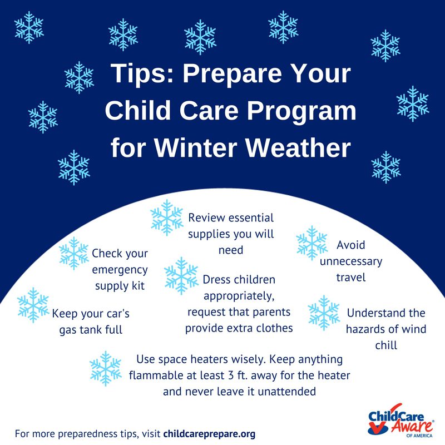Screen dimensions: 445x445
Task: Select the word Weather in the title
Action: pos(298,148)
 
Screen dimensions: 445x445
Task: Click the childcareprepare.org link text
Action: pos(209,434)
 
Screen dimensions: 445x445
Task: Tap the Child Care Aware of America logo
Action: pos(400,421)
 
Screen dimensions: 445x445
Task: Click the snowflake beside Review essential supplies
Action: pos(166,217)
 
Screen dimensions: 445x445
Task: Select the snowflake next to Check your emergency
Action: pos(74,253)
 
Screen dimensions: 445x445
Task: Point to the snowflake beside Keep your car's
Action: pos(33,305)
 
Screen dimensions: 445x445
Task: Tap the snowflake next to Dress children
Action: pos(181,275)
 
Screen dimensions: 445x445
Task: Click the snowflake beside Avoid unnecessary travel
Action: pos(311,243)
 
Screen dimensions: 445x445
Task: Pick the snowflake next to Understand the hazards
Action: pos(324,313)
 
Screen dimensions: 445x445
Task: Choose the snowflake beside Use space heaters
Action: pos(106,368)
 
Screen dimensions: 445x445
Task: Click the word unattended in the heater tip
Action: pos(286,392)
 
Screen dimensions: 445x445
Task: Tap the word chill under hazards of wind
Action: pos(386,345)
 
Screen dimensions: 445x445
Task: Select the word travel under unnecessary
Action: pos(351,277)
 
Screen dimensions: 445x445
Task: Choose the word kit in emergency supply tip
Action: pos(138,285)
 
